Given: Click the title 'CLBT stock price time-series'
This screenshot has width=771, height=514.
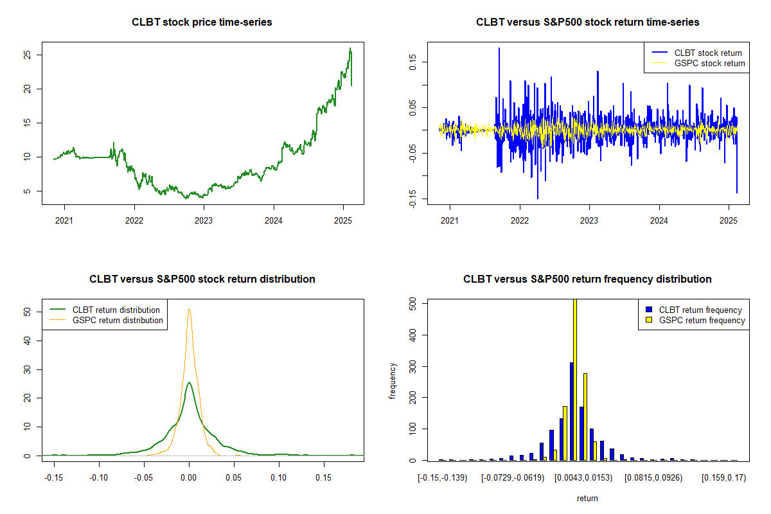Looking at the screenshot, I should pyautogui.click(x=202, y=22).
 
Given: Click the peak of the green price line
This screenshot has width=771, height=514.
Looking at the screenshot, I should pyautogui.click(x=350, y=48).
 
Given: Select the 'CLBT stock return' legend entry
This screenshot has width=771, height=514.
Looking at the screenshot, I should pyautogui.click(x=707, y=53).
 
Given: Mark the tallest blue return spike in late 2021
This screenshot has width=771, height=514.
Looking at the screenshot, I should pyautogui.click(x=499, y=48).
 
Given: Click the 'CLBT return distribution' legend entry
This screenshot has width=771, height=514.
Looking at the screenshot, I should pyautogui.click(x=116, y=310).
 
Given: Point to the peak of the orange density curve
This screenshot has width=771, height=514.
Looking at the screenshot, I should pyautogui.click(x=189, y=309).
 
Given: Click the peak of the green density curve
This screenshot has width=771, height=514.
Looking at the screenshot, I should pyautogui.click(x=189, y=383).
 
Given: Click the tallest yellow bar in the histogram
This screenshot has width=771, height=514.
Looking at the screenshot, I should pyautogui.click(x=575, y=379).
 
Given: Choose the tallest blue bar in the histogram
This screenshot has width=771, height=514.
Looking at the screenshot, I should pyautogui.click(x=571, y=411).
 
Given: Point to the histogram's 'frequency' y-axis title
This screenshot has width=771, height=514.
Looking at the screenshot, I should pyautogui.click(x=393, y=381).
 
